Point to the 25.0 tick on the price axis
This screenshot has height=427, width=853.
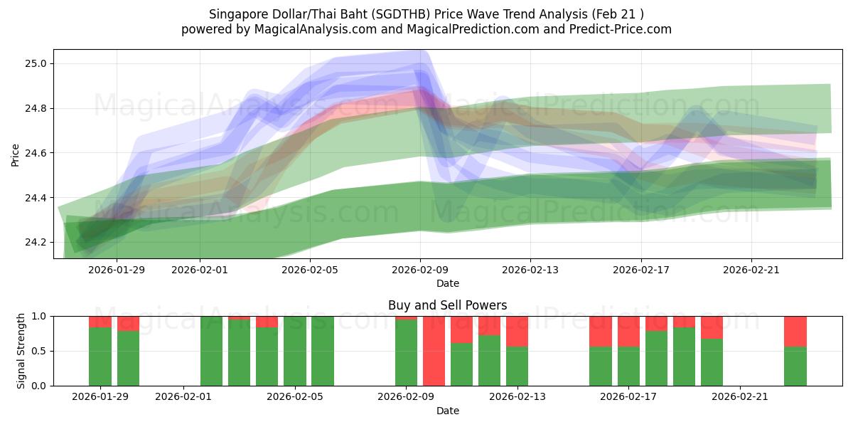36,64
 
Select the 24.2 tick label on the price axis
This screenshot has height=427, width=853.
36,243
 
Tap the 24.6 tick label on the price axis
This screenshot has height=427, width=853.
36,153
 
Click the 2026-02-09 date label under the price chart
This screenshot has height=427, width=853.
420,269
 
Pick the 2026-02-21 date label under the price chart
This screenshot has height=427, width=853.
751,269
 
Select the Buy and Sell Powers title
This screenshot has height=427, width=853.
447,305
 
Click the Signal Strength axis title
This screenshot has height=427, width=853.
21,350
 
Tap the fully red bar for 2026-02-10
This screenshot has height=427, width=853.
434,351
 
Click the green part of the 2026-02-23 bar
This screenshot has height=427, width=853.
795,367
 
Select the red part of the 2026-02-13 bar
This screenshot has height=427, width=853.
517,331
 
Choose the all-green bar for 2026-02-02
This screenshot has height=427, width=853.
211,351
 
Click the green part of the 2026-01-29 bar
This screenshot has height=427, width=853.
100,357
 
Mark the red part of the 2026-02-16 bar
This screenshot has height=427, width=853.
601,331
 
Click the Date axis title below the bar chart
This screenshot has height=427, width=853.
447,411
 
